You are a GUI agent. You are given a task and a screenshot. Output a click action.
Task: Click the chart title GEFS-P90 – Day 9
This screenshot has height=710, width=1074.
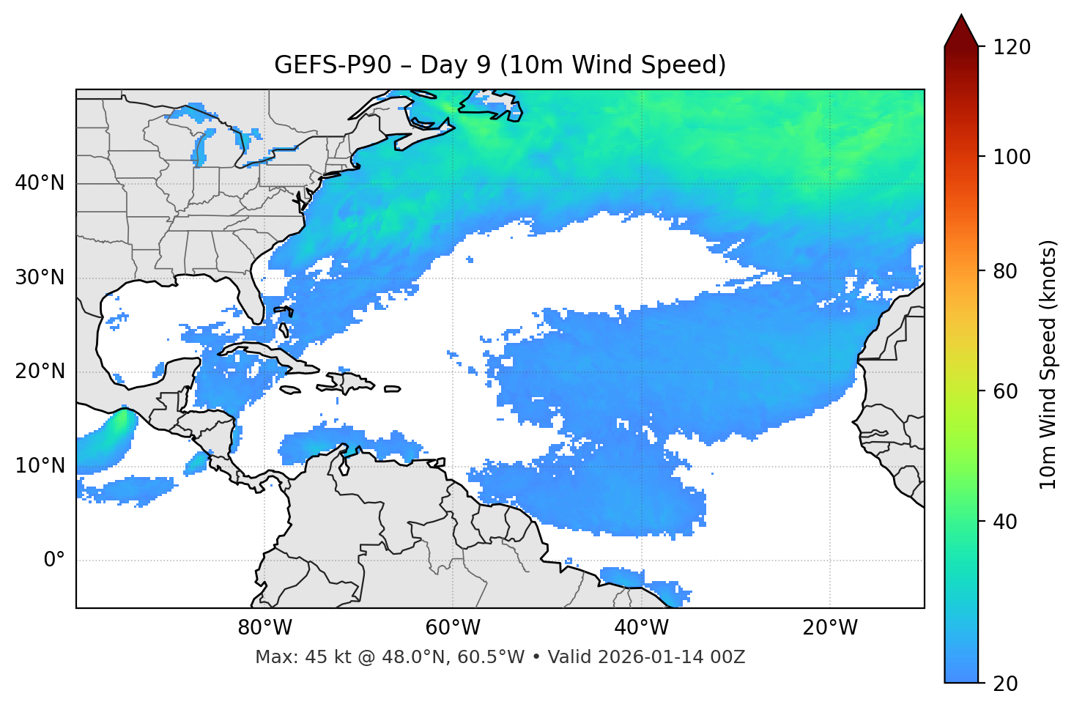(500, 65)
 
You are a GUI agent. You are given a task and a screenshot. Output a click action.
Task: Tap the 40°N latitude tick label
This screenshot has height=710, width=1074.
(40, 183)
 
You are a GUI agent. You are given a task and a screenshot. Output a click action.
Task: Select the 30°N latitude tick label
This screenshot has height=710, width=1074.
(40, 278)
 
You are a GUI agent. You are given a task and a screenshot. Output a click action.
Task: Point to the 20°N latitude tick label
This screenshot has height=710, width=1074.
(40, 371)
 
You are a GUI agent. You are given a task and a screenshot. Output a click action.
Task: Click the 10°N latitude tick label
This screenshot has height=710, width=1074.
(40, 466)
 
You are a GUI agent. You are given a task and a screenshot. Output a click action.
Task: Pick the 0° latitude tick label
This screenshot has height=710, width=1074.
(54, 561)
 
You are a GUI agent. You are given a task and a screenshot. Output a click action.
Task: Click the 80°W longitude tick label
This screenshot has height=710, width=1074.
(264, 628)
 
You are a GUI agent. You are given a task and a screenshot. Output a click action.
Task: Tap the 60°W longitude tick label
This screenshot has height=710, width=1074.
(453, 628)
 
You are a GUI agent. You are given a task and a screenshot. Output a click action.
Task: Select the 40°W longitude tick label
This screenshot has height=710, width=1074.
(642, 628)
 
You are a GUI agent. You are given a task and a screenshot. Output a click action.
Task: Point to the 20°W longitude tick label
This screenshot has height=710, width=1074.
(830, 628)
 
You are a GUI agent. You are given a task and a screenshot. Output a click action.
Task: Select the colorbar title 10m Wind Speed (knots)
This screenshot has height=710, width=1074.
(1048, 364)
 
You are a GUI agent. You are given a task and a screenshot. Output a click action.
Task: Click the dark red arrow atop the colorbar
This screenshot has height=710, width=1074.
(961, 31)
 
